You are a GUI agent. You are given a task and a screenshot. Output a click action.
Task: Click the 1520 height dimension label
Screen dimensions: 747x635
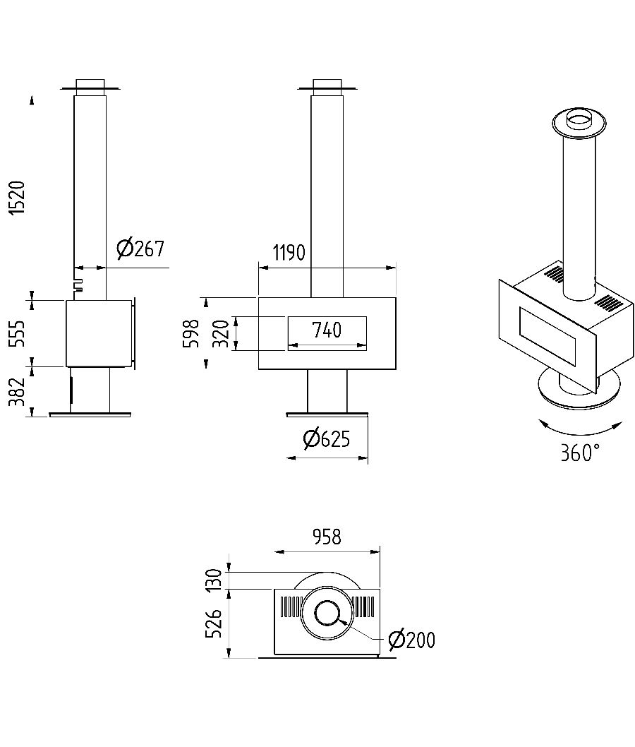pyautogui.click(x=18, y=198)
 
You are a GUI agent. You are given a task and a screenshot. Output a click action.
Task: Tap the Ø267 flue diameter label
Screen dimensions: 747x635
pyautogui.click(x=140, y=248)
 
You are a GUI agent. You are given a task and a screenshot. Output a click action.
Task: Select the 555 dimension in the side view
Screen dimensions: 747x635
pyautogui.click(x=18, y=333)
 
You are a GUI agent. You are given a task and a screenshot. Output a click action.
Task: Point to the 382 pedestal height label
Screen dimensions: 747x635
pyautogui.click(x=18, y=392)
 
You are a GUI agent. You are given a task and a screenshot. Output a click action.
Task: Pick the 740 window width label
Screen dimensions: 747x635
pyautogui.click(x=326, y=330)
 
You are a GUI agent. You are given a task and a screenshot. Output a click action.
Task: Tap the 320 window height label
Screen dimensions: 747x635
pyautogui.click(x=221, y=333)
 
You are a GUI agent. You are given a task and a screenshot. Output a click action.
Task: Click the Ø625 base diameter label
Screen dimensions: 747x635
pyautogui.click(x=326, y=439)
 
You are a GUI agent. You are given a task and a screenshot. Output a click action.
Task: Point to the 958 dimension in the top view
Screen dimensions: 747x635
pyautogui.click(x=326, y=537)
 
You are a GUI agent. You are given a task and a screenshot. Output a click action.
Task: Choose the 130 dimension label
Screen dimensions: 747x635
pyautogui.click(x=216, y=579)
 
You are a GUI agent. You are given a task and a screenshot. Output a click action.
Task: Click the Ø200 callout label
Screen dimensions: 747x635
pyautogui.click(x=411, y=640)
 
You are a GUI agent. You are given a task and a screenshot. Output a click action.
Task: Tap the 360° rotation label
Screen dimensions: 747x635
pyautogui.click(x=580, y=453)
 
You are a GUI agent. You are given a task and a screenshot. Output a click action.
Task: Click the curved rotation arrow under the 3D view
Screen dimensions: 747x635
pyautogui.click(x=580, y=428)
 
